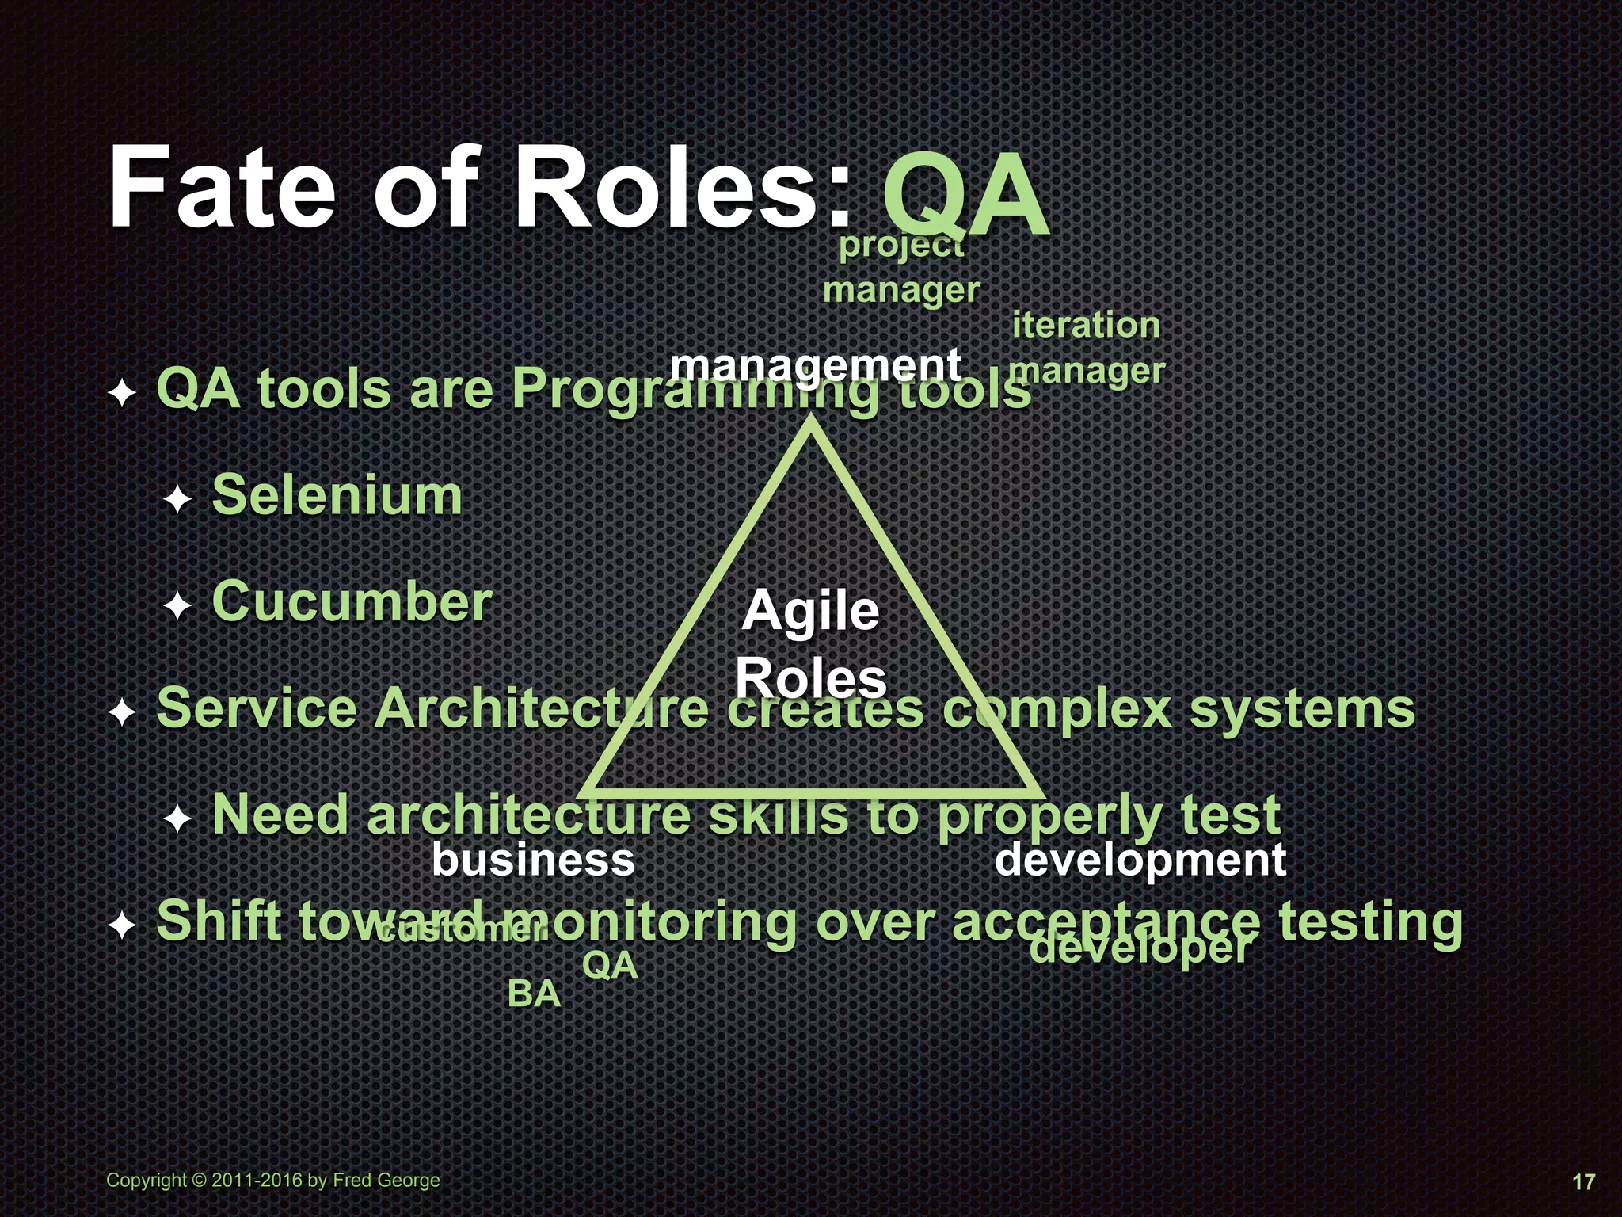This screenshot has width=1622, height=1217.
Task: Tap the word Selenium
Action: [x=337, y=496]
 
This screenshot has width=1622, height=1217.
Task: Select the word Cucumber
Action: [x=352, y=602]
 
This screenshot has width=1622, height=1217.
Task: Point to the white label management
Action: [x=816, y=365]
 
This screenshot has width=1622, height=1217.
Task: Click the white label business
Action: [x=533, y=860]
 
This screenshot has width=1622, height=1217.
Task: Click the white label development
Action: [x=1140, y=860]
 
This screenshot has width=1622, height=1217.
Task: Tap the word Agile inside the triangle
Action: [x=810, y=612]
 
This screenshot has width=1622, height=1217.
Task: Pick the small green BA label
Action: [x=534, y=994]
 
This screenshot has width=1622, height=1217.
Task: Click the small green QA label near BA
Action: [x=610, y=965]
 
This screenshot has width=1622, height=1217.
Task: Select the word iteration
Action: [x=1086, y=325]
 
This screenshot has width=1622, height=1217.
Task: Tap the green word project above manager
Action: [x=901, y=246]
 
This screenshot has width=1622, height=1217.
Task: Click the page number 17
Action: [x=1582, y=1181]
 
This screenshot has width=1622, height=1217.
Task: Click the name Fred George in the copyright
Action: [x=386, y=1180]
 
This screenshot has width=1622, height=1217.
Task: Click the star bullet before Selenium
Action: [x=178, y=499]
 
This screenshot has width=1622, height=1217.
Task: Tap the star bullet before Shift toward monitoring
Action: [x=123, y=925]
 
